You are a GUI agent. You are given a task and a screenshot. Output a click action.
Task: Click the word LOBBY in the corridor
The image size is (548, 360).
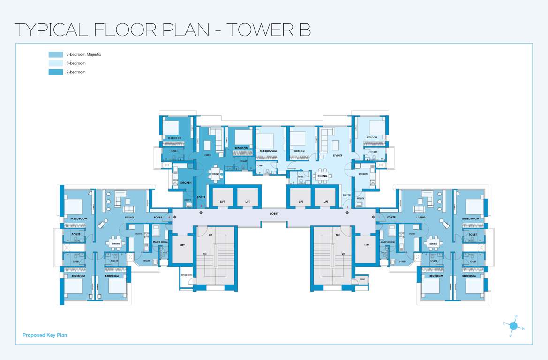click(x=274, y=213)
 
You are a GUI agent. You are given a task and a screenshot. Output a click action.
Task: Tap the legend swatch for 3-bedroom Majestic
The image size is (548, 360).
click(x=56, y=54)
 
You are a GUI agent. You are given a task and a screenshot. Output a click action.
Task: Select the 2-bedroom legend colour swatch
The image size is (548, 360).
click(x=56, y=72)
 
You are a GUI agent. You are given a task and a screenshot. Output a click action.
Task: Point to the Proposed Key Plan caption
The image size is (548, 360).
click(x=45, y=335)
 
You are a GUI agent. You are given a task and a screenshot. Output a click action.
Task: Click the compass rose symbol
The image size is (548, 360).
click(x=514, y=326)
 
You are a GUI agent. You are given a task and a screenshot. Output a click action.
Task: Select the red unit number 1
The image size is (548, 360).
click(x=379, y=217)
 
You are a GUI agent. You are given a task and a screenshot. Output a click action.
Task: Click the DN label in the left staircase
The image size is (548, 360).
click(x=204, y=254)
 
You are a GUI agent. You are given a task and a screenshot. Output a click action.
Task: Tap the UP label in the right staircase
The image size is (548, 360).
click(x=343, y=254)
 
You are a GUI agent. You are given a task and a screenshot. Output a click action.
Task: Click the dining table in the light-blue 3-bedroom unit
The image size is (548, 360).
click(x=322, y=176)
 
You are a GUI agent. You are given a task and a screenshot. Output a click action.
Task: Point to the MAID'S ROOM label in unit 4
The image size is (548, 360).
click(x=160, y=242)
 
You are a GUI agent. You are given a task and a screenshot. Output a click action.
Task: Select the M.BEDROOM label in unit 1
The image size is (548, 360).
click(x=470, y=219)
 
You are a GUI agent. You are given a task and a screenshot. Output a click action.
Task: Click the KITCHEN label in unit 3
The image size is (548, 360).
click(x=186, y=182)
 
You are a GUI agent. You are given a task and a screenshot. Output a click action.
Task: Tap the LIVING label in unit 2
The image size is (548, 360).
click(x=338, y=155)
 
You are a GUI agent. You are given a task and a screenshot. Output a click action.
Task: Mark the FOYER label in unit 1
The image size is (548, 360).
click(x=391, y=217)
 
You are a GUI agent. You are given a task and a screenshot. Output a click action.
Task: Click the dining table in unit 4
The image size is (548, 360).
click(x=116, y=243)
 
